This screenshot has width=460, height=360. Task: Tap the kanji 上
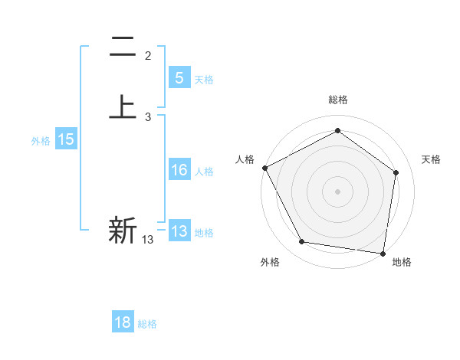(123, 107)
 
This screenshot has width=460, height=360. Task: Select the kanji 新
(123, 230)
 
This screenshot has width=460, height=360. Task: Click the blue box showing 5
(179, 78)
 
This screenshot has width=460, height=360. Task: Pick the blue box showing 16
(179, 171)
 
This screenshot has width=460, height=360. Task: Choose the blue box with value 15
(65, 139)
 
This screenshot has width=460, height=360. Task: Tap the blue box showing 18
(123, 322)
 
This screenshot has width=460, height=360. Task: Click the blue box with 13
(179, 231)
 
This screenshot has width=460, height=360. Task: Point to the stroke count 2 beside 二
(148, 56)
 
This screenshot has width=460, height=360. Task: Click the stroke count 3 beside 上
(148, 117)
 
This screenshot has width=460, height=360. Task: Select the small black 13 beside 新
(147, 240)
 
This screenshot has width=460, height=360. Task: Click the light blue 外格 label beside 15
(41, 140)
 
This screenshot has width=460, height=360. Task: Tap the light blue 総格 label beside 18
(147, 324)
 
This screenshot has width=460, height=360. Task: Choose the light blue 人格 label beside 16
(205, 172)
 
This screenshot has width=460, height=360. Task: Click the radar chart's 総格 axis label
(337, 100)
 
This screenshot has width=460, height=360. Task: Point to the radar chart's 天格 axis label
(432, 159)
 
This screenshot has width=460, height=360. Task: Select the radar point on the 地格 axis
(383, 253)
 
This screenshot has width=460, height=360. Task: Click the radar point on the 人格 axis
(264, 168)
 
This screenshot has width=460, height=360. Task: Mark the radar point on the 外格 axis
(302, 242)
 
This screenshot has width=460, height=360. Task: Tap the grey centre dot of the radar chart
(337, 191)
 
